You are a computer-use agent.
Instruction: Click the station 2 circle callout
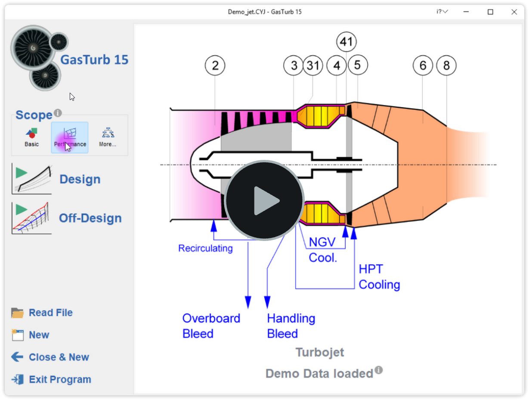pos(215,66)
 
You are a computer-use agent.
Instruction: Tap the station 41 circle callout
pos(346,42)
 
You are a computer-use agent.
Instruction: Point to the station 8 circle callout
pos(446,66)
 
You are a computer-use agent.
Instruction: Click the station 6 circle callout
pos(423,66)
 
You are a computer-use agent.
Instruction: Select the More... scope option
pos(108,137)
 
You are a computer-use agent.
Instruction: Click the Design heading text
pos(80,179)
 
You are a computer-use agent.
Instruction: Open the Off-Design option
pos(90,218)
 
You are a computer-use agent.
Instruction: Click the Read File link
pos(50,312)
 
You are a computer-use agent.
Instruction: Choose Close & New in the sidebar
pos(59,357)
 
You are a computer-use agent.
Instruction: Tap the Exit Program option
pos(60,380)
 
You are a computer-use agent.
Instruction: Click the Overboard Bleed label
pos(211,326)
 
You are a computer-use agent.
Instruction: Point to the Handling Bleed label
pos(291,326)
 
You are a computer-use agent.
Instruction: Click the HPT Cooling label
pos(379,277)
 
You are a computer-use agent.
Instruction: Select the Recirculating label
pos(205,248)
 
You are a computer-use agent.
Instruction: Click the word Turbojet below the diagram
pos(320,352)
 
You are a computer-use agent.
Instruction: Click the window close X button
pos(514,12)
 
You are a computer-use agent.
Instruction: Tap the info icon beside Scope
pos(58,113)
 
